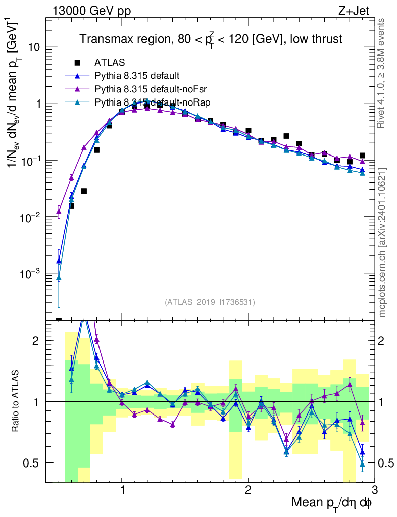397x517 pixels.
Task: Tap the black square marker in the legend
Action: (x=77, y=63)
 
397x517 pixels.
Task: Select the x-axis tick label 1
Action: (x=122, y=489)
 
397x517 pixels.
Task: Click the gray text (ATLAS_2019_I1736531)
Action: (x=210, y=302)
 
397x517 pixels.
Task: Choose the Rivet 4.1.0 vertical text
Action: (x=381, y=73)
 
